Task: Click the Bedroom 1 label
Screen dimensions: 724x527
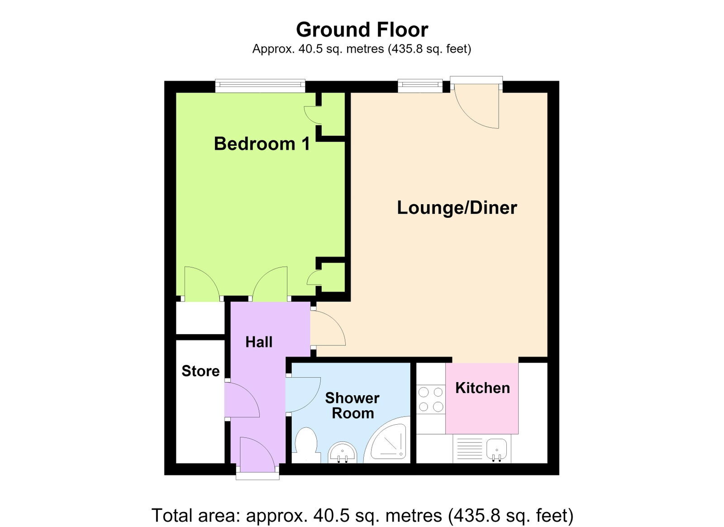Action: coord(262,144)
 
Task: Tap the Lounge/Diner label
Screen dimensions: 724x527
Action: coord(457,207)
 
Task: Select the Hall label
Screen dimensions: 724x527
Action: coord(259,342)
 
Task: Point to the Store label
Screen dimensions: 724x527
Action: coord(200,371)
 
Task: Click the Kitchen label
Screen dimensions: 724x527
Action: coord(482,388)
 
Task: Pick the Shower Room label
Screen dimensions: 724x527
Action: coord(352,406)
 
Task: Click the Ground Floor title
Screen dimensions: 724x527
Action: coord(362,30)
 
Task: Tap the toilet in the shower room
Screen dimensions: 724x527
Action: coord(306,445)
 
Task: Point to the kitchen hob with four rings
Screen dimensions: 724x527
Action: coord(431,400)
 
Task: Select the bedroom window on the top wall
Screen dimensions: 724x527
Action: coord(260,86)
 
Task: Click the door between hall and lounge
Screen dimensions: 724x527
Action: coord(328,328)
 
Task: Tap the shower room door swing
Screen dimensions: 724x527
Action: coord(303,395)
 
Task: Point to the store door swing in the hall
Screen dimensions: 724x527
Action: coord(243,400)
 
